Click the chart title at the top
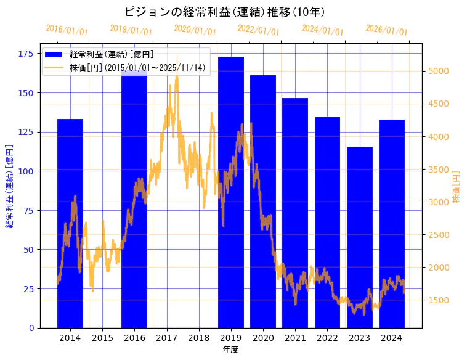224,12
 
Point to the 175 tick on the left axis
26,54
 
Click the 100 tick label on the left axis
26,171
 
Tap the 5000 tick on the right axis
439,71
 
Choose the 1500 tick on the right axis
439,300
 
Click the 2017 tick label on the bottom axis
167,338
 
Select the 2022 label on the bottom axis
328,338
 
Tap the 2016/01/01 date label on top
67,30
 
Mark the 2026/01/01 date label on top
386,30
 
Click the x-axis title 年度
230,350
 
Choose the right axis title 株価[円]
457,187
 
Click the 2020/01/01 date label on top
195,30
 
